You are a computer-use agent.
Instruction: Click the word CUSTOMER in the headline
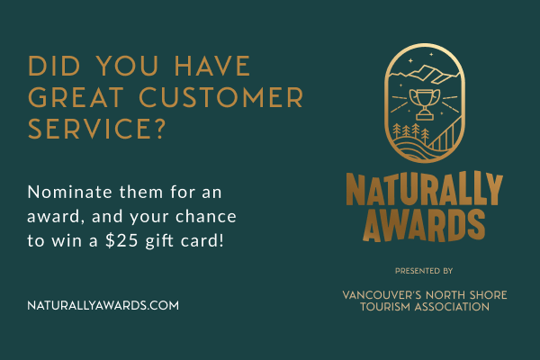(221, 97)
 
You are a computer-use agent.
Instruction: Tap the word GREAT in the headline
(76, 97)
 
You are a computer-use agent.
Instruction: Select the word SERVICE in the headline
(88, 129)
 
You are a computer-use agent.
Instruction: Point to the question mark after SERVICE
(159, 129)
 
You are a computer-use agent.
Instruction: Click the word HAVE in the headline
(212, 66)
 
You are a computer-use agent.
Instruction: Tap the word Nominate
(69, 192)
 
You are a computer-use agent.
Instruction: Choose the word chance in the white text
(206, 216)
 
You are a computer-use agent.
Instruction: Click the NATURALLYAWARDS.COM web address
(103, 306)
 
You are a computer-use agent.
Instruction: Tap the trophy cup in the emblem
(425, 104)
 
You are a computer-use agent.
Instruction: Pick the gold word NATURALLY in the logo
(424, 190)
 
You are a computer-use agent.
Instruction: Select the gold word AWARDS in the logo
(424, 226)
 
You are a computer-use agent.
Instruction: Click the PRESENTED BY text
(424, 271)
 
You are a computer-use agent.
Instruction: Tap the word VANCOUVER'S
(382, 295)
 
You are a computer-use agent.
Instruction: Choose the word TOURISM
(386, 307)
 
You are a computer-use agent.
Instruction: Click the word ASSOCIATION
(452, 307)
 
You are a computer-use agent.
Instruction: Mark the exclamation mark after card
(221, 239)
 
